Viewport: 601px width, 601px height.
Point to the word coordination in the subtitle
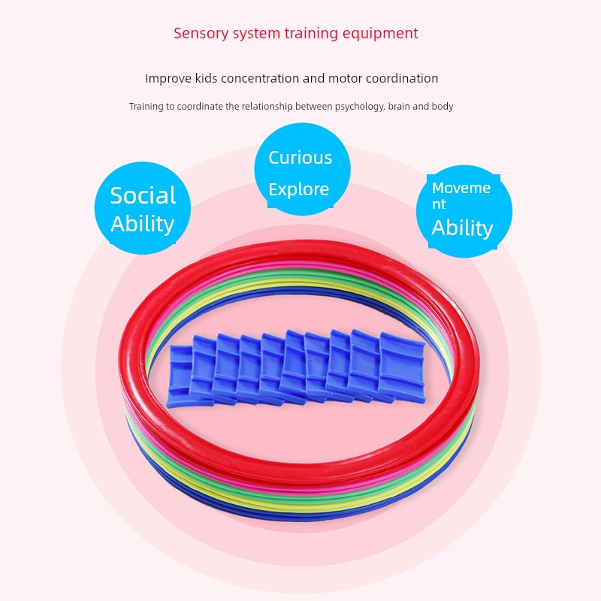[400, 78]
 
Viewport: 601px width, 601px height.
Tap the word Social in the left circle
[143, 195]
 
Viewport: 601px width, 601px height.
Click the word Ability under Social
[143, 224]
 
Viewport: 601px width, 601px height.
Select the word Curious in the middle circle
[300, 158]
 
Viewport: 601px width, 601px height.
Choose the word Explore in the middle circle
[299, 189]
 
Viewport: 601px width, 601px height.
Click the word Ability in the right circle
[462, 228]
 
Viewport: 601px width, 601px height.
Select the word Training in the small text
[146, 107]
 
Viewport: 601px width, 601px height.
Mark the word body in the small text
[442, 107]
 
